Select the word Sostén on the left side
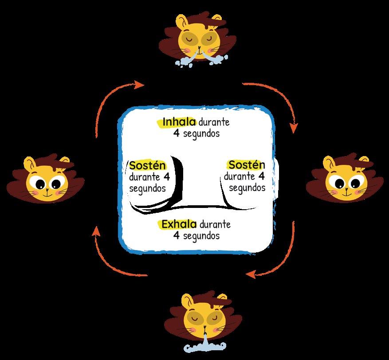pos(148,166)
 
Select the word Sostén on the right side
pos(247,165)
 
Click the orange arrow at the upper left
pos(113,100)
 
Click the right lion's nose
pos(346,186)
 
